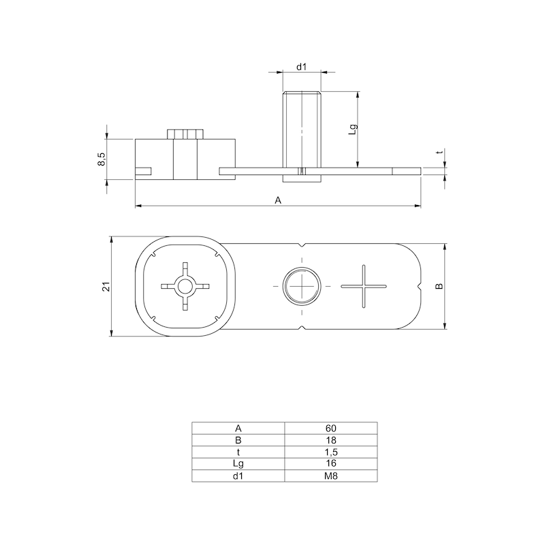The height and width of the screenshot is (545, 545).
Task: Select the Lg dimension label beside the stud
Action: tap(352, 129)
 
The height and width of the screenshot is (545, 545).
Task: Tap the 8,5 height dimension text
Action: tap(102, 159)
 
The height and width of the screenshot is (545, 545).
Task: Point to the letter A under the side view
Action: tap(277, 200)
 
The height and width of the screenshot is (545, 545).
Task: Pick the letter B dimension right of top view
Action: tap(439, 285)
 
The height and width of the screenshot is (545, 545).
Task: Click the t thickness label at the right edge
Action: tap(439, 153)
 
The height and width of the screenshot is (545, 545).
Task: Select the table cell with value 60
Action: tap(330, 429)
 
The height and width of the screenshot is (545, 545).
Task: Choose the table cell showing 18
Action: tap(330, 440)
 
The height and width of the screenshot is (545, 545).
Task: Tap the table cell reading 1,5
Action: tap(330, 452)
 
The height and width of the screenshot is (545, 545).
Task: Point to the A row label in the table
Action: tap(238, 429)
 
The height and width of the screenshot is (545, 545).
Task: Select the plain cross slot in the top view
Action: tap(363, 286)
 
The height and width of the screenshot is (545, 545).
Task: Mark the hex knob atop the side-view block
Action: tap(185, 133)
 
